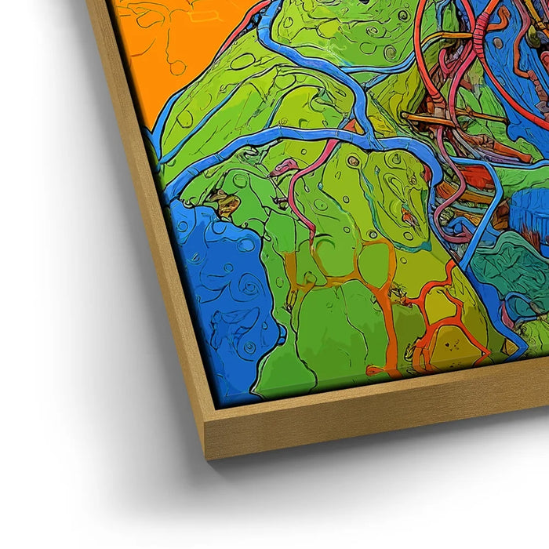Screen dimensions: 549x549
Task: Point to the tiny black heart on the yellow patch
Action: tap(449, 344)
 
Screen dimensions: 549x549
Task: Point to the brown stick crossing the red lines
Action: tap(455, 118)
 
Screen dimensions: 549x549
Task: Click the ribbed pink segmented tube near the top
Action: tap(480, 31)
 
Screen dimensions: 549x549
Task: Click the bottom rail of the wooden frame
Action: tap(376, 424)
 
